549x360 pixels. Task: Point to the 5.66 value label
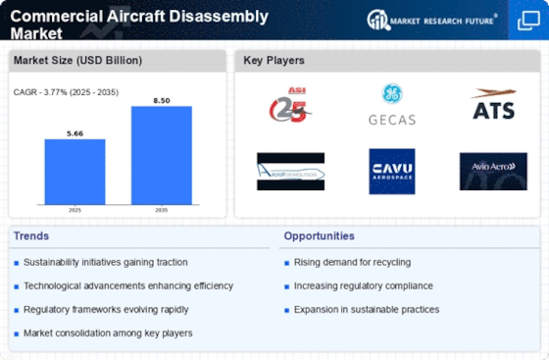tap(75, 132)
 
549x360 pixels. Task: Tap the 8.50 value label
tap(161, 99)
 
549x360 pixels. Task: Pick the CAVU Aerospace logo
tap(391, 171)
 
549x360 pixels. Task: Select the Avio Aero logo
tap(492, 171)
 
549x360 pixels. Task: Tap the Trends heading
tap(32, 236)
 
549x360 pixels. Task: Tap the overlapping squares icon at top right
tap(526, 21)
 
